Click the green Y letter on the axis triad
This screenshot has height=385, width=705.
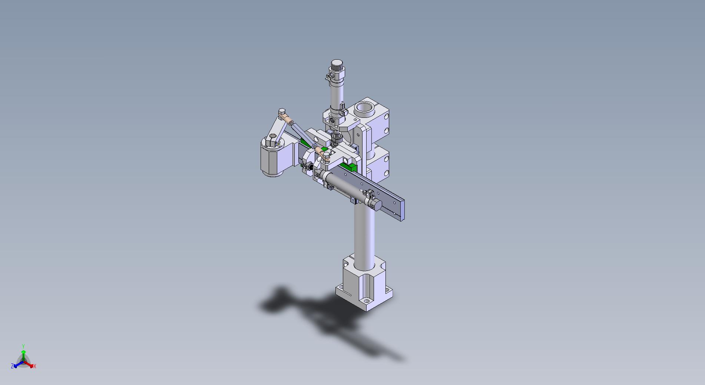[23, 346]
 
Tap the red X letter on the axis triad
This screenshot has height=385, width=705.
[34, 366]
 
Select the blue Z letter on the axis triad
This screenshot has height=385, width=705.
[12, 366]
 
